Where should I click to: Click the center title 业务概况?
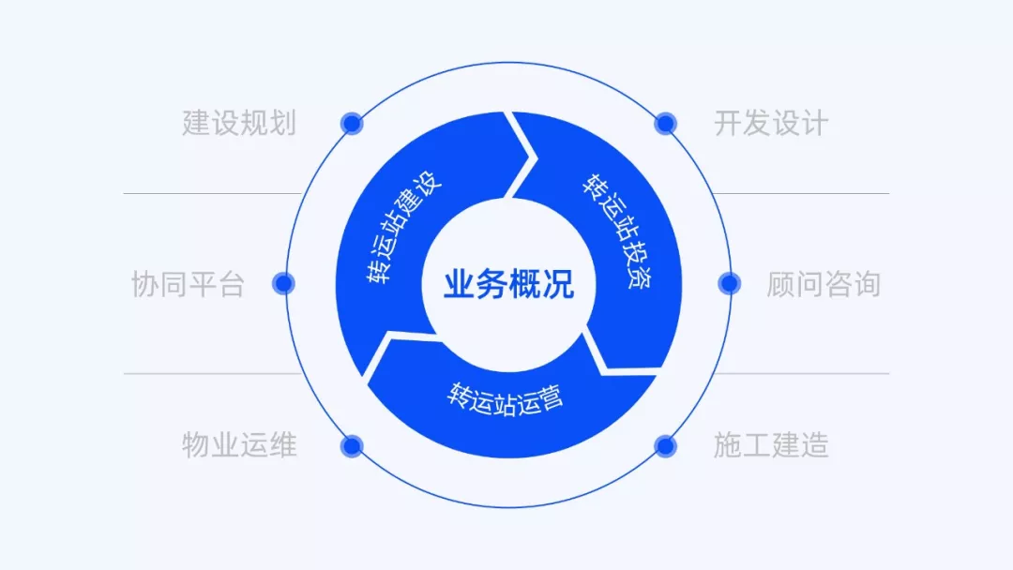coord(507,284)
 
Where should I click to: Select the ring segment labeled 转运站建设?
coord(403,230)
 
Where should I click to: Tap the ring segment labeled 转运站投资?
coord(619,230)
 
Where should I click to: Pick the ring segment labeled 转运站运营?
coord(506,398)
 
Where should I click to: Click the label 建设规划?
coord(239,123)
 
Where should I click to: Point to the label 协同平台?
coord(188,284)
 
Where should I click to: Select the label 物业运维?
coord(239,445)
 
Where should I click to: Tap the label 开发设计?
coord(771,123)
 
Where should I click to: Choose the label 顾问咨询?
coord(824,284)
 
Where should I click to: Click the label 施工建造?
coord(771,445)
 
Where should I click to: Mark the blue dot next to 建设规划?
coord(352,123)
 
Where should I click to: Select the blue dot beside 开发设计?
coord(665,123)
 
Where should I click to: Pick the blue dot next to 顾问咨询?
coord(730,283)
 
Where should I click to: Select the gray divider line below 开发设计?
coord(807,194)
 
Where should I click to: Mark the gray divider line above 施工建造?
coord(807,374)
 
